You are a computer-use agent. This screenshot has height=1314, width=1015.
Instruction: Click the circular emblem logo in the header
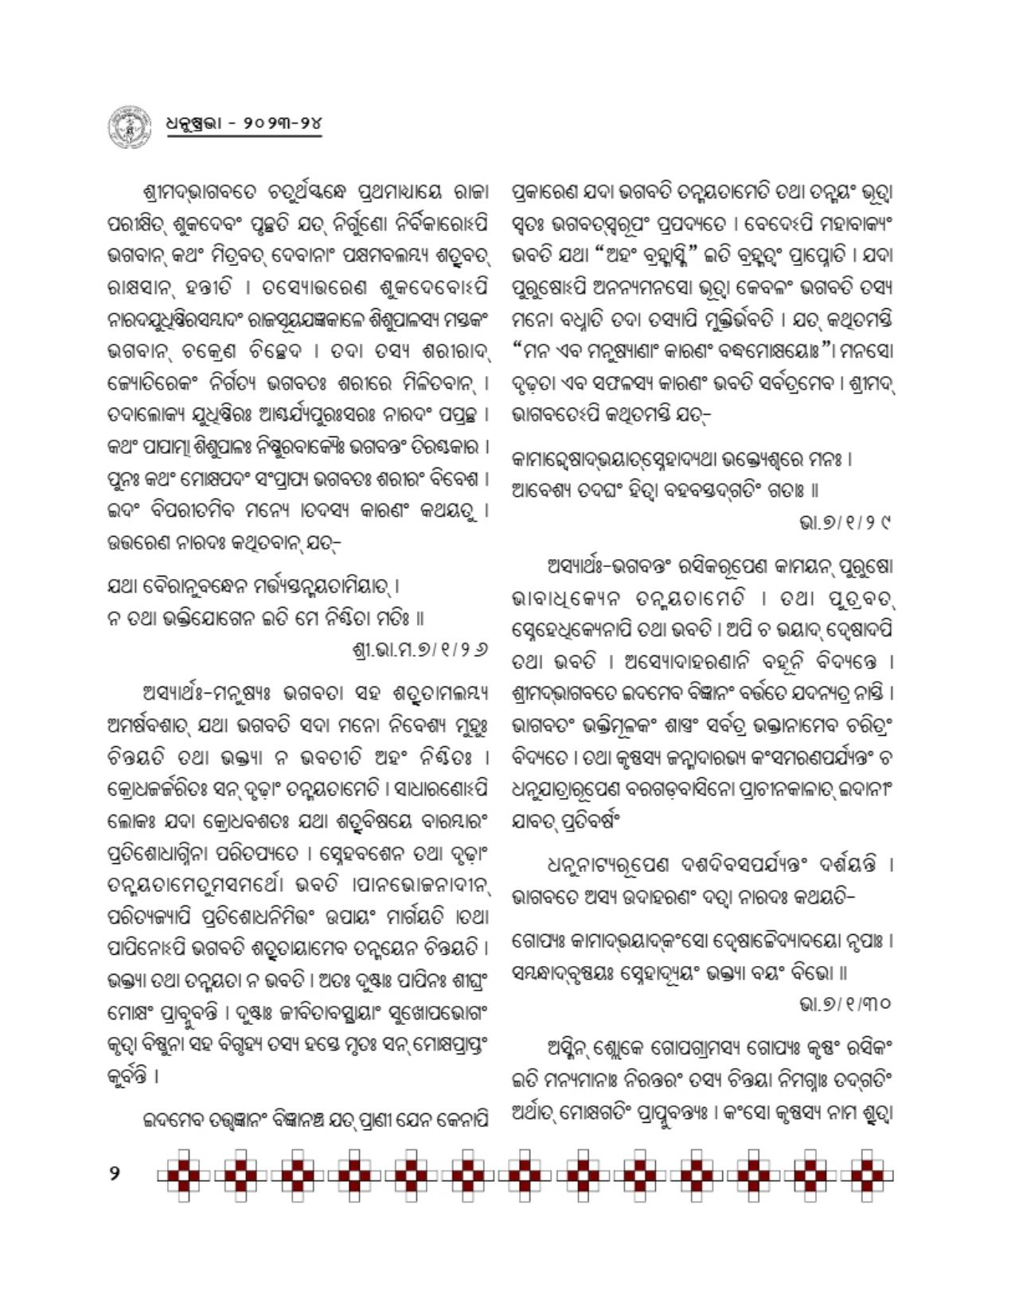(128, 126)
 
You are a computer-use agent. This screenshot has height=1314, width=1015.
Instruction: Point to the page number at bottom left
(115, 1172)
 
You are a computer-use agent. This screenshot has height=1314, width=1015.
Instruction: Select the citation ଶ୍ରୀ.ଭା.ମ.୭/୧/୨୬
(420, 650)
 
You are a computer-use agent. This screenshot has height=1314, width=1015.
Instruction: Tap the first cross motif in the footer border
(182, 1174)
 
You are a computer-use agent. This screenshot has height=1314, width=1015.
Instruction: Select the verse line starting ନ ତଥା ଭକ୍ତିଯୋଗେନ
(266, 618)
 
